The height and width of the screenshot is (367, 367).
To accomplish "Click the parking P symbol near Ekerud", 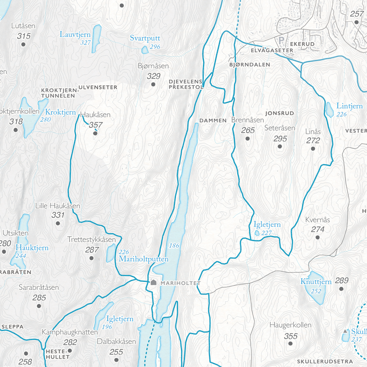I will (281, 40).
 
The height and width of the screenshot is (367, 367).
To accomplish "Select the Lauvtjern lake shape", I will (96, 38).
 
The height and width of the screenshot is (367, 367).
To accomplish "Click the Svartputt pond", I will (145, 50).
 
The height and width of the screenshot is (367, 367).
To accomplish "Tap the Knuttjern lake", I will (315, 288).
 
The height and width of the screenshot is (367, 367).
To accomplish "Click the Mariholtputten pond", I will (111, 253).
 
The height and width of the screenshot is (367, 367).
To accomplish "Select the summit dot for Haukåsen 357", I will (95, 133).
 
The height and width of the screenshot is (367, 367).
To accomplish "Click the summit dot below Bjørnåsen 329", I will (153, 84).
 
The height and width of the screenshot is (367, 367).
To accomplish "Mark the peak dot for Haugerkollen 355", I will (290, 344).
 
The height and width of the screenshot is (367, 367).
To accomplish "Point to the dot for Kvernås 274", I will (317, 237).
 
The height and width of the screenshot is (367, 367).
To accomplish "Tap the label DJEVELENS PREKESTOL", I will (186, 84).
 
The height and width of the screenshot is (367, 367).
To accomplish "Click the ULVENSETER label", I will (98, 88).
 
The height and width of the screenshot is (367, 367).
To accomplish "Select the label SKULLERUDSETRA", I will (325, 361).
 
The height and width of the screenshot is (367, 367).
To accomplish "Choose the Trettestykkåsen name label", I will (91, 239).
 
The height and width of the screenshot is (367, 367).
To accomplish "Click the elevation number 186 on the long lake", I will (174, 246).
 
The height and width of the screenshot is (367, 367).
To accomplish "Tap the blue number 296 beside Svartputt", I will (155, 47).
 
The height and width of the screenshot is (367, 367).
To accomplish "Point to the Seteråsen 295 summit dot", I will (280, 146).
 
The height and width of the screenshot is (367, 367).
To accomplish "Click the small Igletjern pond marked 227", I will (257, 233).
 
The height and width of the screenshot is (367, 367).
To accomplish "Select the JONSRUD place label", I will (280, 113).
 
